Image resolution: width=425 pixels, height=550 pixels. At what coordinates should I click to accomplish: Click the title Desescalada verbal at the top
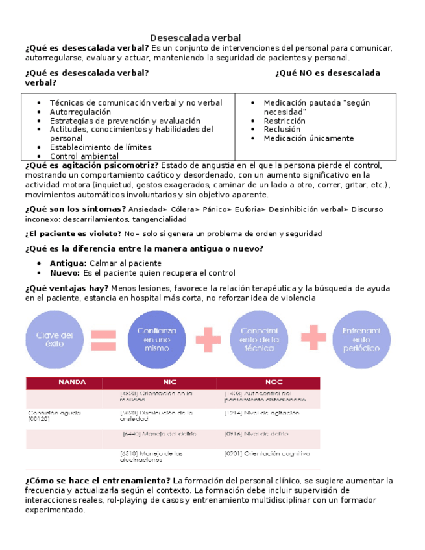point(195,38)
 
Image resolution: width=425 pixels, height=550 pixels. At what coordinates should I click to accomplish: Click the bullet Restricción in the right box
point(284,121)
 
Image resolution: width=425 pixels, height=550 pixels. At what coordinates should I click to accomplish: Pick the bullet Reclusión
point(282,130)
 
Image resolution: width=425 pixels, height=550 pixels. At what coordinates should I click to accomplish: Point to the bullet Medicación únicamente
point(308,138)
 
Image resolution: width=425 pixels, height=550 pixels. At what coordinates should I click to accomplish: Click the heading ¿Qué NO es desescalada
point(327,73)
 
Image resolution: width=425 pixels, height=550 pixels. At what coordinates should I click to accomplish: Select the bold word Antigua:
point(68,263)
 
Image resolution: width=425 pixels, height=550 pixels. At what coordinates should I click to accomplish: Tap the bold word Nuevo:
point(66,273)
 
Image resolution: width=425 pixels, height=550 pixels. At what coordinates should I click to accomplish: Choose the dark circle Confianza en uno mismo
point(153,339)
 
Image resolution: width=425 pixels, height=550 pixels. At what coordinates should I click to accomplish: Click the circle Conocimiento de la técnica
point(260,339)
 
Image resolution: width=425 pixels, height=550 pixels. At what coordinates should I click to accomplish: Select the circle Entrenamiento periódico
point(361,339)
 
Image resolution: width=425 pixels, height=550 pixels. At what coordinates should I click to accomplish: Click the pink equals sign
point(103,339)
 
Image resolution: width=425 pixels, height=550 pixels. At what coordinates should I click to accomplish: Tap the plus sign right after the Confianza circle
point(207,338)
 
